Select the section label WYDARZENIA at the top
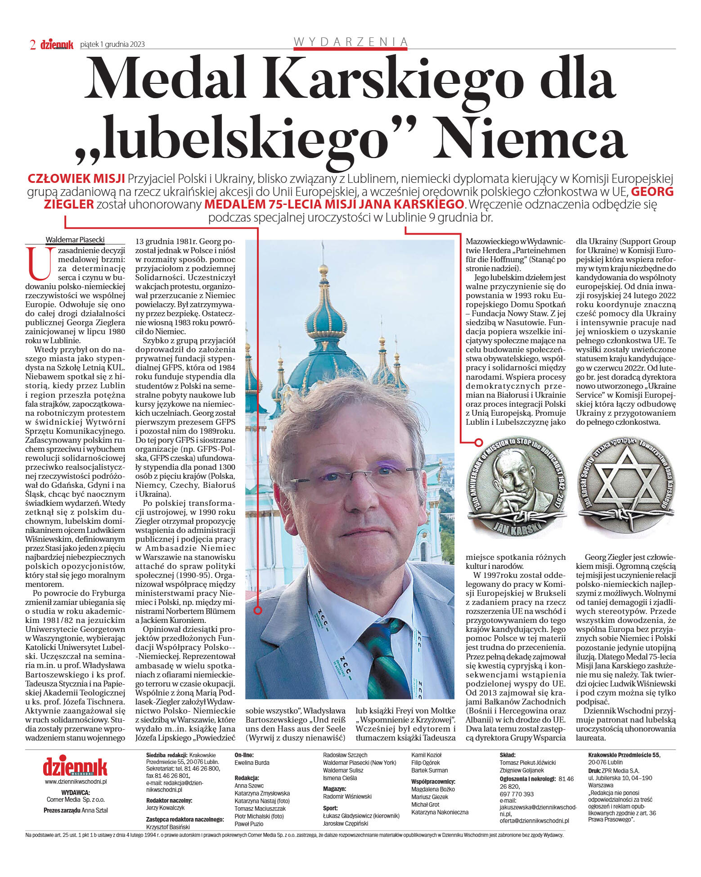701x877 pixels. (350, 42)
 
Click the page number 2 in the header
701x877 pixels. (33, 44)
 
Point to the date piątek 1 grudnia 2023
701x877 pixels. (112, 44)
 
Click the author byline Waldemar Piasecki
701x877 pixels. (76, 240)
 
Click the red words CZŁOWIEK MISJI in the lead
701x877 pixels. (76, 178)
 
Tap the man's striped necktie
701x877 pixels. (381, 662)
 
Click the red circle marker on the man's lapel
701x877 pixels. (258, 611)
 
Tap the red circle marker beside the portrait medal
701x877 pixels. (479, 443)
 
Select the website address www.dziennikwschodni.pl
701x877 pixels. (76, 782)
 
